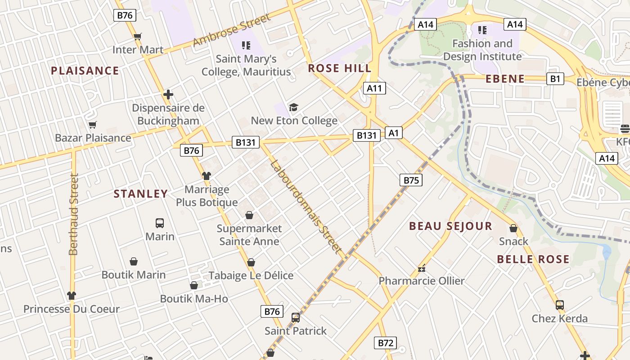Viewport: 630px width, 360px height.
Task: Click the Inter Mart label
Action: [138, 49]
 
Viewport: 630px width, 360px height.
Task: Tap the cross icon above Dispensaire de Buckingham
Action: [168, 94]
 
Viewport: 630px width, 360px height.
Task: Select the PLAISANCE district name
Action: [85, 71]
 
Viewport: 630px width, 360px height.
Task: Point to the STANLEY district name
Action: [140, 194]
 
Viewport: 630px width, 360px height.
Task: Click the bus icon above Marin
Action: [160, 223]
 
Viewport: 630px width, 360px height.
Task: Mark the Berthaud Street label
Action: [74, 214]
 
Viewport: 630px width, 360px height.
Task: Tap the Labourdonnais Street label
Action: [306, 207]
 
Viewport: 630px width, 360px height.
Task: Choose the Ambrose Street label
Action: [232, 30]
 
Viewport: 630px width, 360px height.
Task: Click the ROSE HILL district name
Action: [340, 68]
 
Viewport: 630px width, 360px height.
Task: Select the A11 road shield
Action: [374, 88]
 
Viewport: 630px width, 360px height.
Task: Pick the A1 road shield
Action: [394, 133]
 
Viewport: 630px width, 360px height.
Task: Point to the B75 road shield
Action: [411, 180]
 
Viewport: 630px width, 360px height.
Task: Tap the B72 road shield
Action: [386, 343]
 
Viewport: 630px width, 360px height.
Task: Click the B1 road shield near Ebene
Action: [555, 79]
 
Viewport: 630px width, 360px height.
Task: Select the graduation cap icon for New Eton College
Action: [294, 107]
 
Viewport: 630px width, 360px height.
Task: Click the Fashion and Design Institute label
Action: [482, 50]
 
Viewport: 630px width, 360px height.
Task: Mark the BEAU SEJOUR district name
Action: [450, 226]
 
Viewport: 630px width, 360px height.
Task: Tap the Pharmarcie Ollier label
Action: [421, 281]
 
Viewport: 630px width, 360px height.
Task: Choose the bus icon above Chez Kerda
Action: [560, 305]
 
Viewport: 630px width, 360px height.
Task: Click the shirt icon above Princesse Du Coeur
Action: [72, 296]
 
